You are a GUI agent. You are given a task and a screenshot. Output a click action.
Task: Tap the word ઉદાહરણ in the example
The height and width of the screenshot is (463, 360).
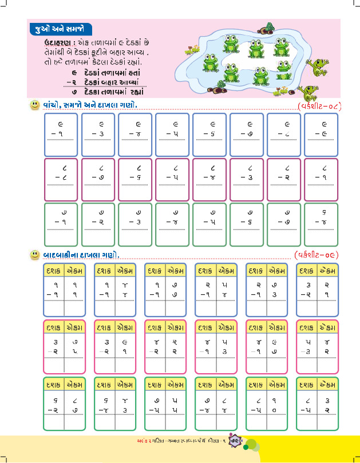pos(58,43)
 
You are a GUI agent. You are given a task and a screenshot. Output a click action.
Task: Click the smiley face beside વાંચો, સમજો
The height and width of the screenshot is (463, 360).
pos(35,105)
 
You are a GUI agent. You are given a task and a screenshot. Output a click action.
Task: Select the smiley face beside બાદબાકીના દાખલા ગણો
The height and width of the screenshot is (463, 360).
pos(35,253)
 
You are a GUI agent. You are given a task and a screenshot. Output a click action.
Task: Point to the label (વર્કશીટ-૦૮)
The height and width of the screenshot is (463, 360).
pos(319,106)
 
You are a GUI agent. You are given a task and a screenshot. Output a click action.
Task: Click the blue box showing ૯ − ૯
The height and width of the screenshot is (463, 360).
pos(322,135)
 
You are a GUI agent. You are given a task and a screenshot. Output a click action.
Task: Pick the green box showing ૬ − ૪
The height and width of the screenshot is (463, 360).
pos(322,224)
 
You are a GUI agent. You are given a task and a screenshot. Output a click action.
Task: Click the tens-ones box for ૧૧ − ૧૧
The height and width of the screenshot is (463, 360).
pos(64,290)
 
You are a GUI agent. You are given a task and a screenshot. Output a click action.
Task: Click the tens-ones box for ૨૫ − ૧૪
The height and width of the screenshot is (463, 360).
pos(215,290)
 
